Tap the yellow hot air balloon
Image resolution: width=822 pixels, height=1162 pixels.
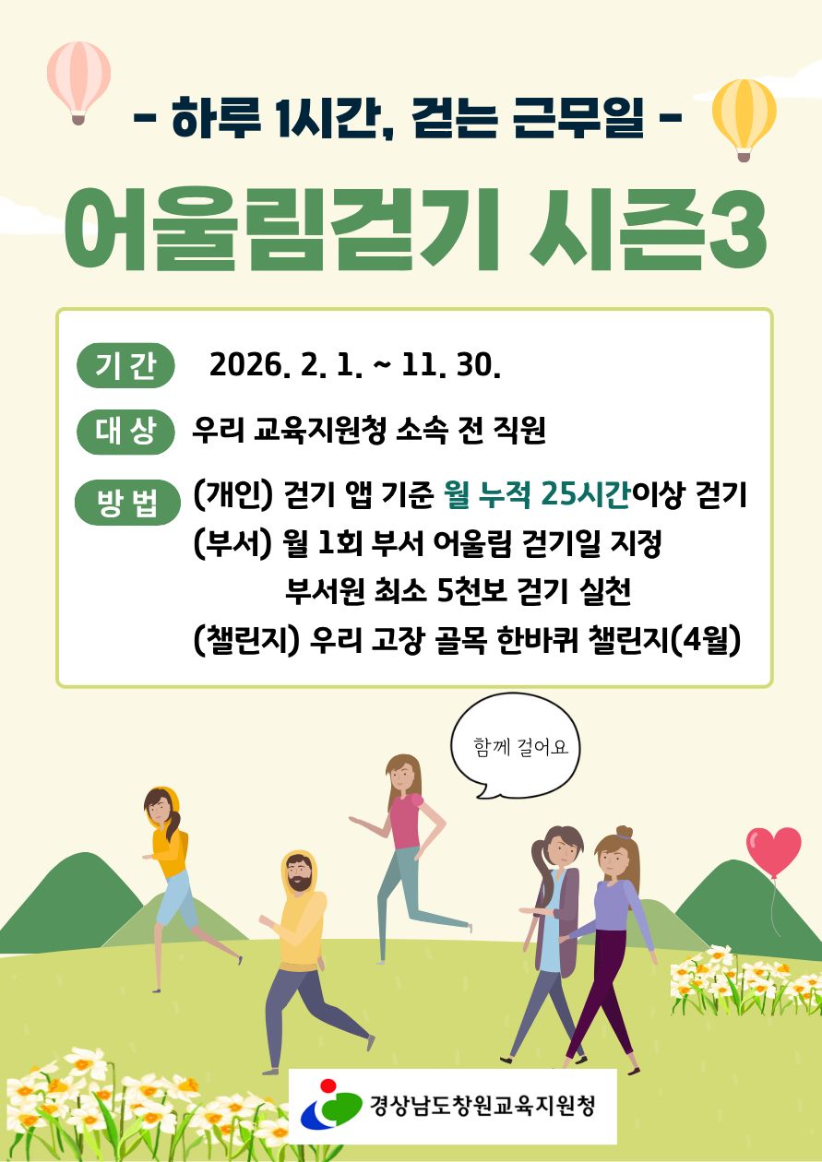click(x=744, y=114)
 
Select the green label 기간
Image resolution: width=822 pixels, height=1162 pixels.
click(x=125, y=366)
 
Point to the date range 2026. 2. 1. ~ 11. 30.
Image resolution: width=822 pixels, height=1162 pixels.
click(x=355, y=366)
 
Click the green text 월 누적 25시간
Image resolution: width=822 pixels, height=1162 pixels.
click(x=536, y=496)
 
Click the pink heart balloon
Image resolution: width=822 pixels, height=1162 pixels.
click(x=773, y=852)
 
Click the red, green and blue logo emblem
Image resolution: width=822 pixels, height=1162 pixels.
click(x=329, y=1105)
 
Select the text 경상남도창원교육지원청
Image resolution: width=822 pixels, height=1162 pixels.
click(x=481, y=1105)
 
